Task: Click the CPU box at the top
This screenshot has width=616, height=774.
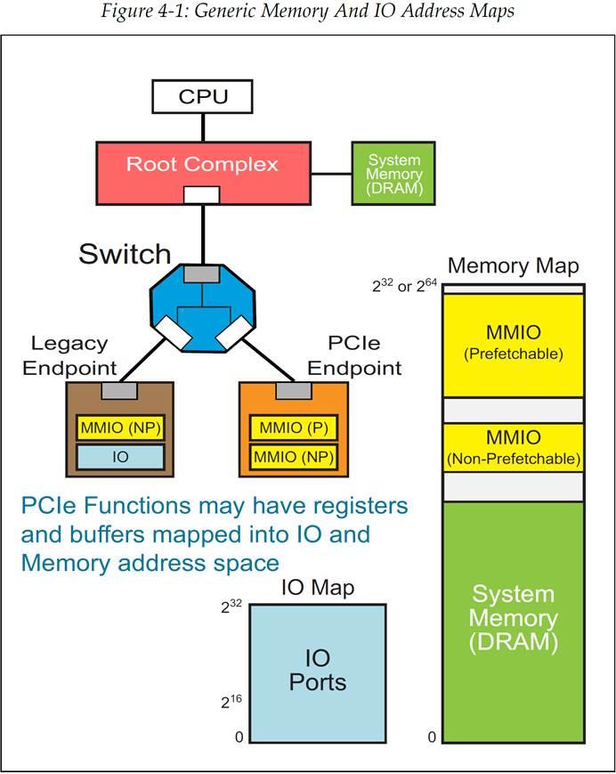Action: click(203, 96)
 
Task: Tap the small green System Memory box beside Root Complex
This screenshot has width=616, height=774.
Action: click(393, 173)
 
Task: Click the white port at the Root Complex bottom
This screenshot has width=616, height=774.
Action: click(202, 195)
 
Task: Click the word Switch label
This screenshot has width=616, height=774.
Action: click(125, 254)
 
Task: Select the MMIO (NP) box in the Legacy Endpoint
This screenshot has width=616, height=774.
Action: click(120, 428)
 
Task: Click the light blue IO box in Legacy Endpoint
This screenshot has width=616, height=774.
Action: click(120, 457)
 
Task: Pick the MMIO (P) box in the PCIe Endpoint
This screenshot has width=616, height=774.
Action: click(293, 428)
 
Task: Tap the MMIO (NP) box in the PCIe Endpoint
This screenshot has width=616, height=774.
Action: click(293, 457)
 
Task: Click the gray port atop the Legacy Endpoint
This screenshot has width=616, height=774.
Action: click(120, 390)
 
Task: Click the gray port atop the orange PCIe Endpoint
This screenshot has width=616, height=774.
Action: click(293, 390)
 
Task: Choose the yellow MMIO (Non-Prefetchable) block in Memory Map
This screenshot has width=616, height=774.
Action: click(513, 447)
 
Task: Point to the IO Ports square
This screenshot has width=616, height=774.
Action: click(318, 672)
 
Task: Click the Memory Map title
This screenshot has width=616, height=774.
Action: click(513, 265)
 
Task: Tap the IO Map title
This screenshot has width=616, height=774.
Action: click(318, 588)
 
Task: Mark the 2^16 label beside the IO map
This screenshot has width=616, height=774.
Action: click(231, 702)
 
